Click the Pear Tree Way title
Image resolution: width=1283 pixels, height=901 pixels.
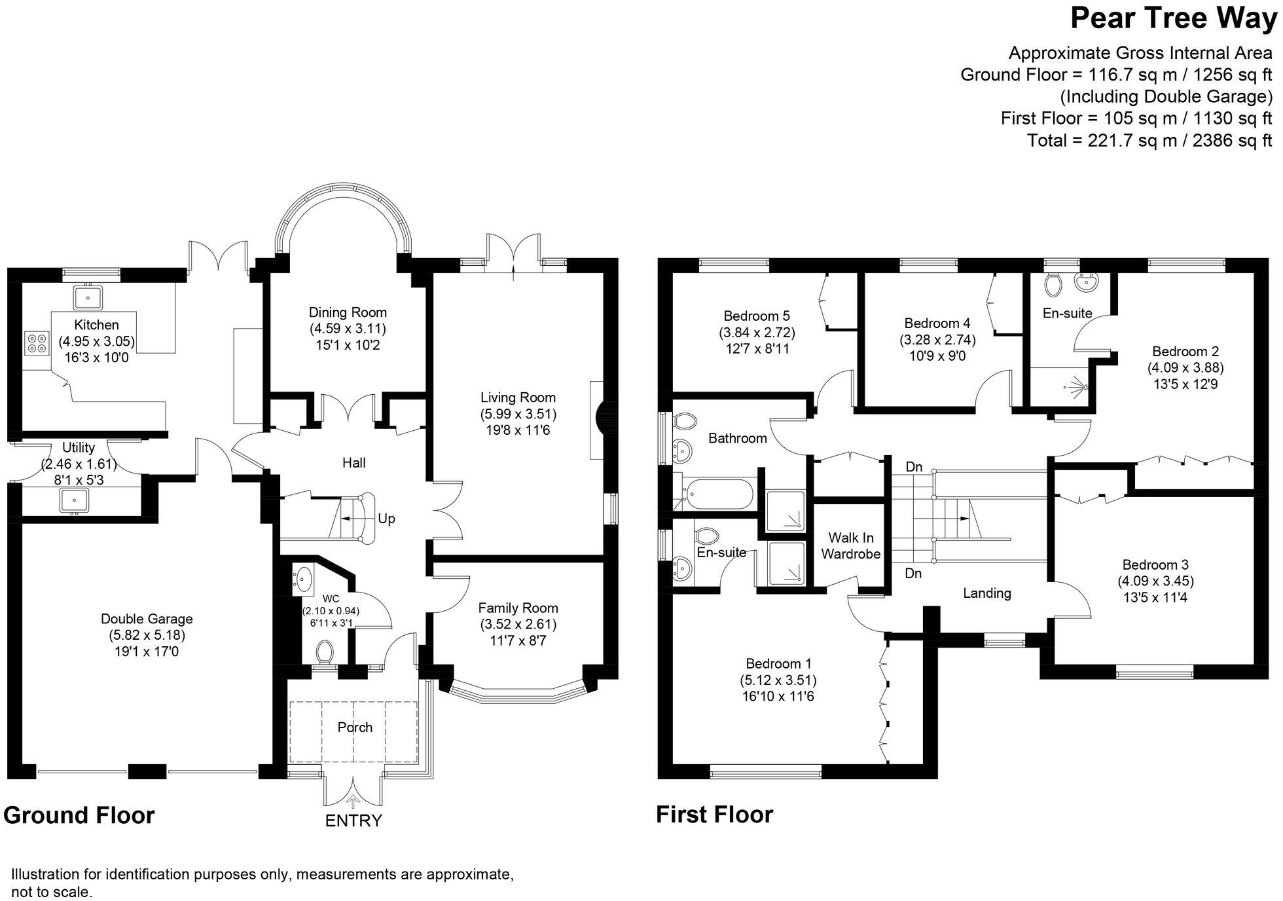[1173, 18]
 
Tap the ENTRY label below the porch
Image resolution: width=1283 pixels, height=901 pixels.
[353, 820]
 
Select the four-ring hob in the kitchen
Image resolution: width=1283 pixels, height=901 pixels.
[37, 343]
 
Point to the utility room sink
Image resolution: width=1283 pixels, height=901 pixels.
[74, 501]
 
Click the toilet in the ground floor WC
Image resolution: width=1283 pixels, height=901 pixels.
[323, 651]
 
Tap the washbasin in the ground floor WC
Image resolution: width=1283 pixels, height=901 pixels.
[304, 579]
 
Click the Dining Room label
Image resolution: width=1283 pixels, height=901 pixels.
[348, 312]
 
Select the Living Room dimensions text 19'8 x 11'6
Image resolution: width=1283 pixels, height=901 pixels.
[518, 430]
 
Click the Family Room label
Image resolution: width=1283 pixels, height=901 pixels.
[518, 608]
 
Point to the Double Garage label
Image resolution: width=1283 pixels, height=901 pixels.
[147, 619]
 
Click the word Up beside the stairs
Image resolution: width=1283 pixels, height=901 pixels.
[386, 519]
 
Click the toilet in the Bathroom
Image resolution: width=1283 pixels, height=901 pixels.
[685, 419]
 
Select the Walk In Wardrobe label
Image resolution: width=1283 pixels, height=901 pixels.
[851, 546]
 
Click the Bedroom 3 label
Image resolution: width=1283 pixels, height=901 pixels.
[1155, 564]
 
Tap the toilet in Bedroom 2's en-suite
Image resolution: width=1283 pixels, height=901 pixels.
[1054, 284]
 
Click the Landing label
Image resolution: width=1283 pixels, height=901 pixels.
[986, 593]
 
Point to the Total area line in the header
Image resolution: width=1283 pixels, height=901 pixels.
[1149, 140]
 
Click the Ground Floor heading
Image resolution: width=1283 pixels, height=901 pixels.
[79, 815]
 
